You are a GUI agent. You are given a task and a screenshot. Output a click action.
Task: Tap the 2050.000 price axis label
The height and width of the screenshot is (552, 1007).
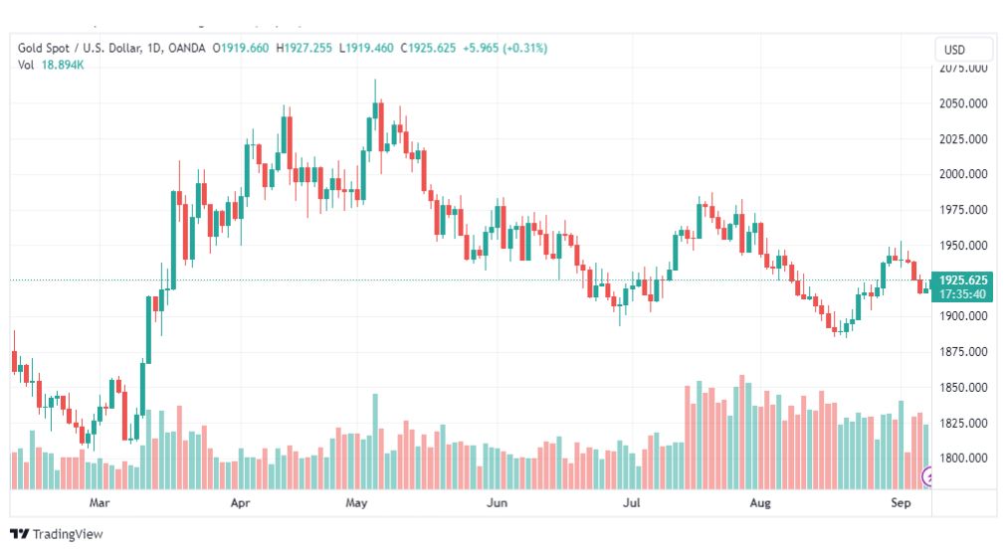coord(963,103)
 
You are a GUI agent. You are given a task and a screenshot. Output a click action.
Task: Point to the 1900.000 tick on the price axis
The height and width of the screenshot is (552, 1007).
coord(963,316)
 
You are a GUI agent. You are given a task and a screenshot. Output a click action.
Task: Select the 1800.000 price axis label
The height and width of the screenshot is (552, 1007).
coord(963,459)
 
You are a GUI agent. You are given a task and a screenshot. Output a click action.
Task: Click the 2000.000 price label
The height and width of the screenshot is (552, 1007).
coord(963,174)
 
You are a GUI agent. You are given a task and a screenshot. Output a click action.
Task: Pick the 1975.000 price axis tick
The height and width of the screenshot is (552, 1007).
coord(963,210)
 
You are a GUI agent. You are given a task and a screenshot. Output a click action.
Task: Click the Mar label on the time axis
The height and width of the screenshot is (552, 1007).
coord(99,502)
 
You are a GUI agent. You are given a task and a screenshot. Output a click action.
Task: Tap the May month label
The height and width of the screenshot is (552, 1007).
coord(356,502)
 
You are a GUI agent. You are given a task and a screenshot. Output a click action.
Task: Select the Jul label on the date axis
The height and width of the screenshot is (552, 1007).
coord(631,502)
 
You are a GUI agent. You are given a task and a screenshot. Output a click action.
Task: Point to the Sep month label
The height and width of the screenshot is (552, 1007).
coord(901,502)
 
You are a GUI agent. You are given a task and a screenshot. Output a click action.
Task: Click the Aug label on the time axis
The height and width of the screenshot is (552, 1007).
coord(760,502)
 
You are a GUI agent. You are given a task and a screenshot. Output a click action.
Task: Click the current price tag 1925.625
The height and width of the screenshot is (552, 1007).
coord(962,279)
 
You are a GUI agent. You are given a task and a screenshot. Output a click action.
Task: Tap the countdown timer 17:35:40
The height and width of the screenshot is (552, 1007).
coord(962,294)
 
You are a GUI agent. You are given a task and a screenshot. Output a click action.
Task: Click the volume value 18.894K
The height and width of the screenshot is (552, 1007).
coord(63,65)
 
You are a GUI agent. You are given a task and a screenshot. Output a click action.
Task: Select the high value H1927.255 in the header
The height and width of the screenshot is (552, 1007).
coord(303,48)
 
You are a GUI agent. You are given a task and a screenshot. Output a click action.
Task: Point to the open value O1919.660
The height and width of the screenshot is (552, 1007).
coord(241,48)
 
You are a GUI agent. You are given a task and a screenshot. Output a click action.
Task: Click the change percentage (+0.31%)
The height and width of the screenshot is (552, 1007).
coord(525,48)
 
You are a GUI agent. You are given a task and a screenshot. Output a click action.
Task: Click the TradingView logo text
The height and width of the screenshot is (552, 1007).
coord(68,534)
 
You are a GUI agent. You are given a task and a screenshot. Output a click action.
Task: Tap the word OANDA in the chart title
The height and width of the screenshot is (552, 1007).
coord(186,48)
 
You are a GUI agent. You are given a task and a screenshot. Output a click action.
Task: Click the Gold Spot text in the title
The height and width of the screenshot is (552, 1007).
coord(44,48)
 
